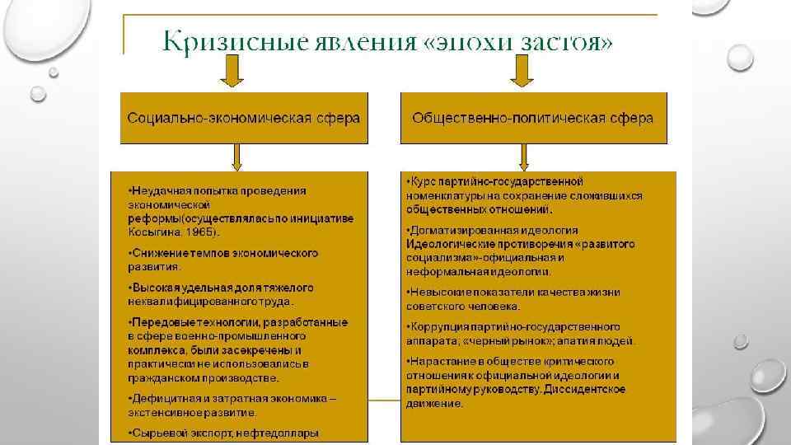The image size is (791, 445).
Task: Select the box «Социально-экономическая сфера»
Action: (243, 118)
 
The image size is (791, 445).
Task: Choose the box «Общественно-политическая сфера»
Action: (532, 118)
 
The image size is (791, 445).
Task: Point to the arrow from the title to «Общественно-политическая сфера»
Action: (521, 75)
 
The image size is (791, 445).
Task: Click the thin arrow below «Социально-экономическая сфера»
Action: (236, 156)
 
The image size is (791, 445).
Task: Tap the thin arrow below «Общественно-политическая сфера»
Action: (525, 156)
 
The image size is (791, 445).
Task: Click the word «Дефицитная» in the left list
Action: (166, 399)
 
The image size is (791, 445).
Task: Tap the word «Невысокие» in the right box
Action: (439, 292)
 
